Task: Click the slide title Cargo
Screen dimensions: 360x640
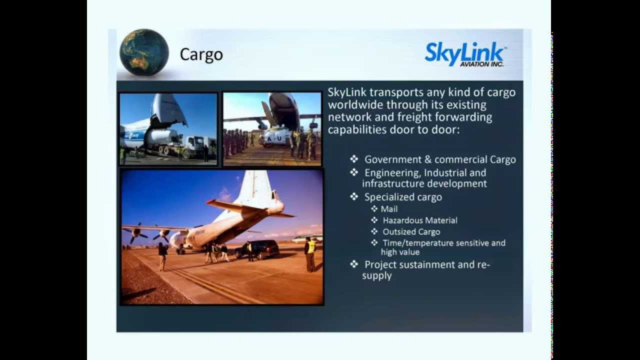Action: tap(201, 54)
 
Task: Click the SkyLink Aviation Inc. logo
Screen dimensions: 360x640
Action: tap(465, 54)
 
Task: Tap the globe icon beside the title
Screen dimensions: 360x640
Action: tap(144, 53)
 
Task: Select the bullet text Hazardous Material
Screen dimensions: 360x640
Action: tap(419, 220)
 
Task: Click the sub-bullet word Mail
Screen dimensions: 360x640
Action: tap(389, 209)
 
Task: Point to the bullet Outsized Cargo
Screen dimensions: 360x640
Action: tap(411, 231)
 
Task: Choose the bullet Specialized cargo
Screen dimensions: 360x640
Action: tap(403, 197)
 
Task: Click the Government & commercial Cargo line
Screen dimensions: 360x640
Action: tap(439, 159)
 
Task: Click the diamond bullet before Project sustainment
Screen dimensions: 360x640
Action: tap(354, 264)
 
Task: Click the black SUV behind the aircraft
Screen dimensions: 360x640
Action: tap(260, 248)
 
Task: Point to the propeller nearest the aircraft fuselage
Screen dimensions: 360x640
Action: tap(162, 234)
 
